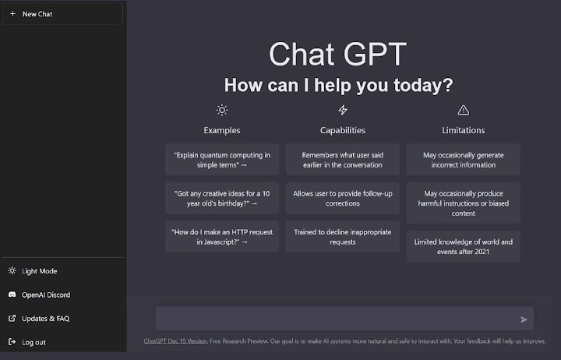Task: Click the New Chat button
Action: point(62,14)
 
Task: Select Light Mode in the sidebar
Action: point(39,271)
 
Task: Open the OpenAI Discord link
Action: point(45,295)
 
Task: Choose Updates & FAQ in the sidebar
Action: point(45,318)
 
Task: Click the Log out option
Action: point(34,342)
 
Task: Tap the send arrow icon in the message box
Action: point(524,319)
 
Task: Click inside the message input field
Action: point(335,319)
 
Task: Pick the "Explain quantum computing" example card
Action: point(222,160)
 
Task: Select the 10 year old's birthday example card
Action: point(222,198)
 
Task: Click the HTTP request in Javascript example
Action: point(222,236)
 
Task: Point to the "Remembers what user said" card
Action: point(343,160)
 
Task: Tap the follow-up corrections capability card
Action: point(343,198)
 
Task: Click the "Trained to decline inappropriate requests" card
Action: point(343,236)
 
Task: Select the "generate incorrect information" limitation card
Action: point(464,160)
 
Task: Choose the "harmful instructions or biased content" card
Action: point(464,203)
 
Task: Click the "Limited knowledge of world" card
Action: point(464,246)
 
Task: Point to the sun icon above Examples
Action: point(222,110)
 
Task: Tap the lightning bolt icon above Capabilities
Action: point(343,110)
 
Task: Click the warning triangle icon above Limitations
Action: point(464,110)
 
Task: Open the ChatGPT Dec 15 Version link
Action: point(175,341)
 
